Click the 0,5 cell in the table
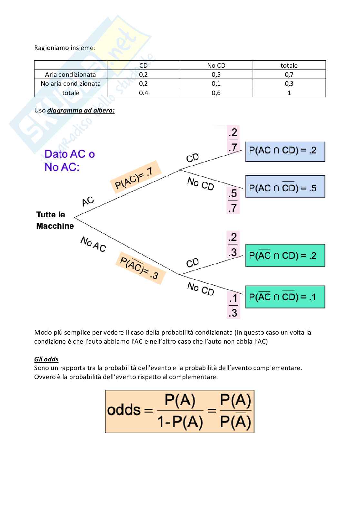[216, 74]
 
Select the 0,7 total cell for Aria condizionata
[289, 74]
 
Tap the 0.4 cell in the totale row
[143, 93]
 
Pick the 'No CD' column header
[216, 65]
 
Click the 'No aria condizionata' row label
[71, 83]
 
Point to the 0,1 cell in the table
[216, 83]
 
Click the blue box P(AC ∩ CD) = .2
[285, 151]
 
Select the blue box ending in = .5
[285, 187]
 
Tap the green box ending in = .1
[285, 297]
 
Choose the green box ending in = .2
[285, 256]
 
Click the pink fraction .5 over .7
[233, 201]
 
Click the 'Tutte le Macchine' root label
[55, 220]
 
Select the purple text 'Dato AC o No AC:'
[70, 160]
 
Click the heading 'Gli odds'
[46, 359]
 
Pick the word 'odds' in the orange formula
[124, 410]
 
